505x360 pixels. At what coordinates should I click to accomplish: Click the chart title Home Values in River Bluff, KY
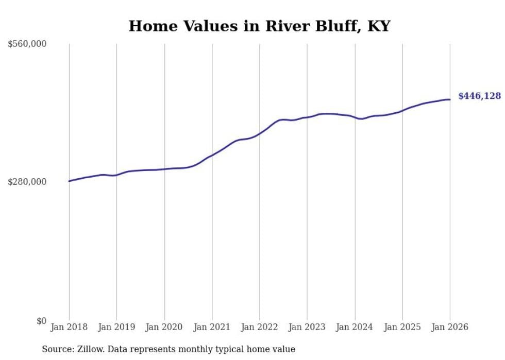(259, 26)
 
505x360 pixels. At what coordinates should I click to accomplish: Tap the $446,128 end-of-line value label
(479, 96)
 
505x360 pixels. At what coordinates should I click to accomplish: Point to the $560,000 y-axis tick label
(27, 44)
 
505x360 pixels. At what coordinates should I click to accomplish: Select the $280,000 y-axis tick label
(27, 182)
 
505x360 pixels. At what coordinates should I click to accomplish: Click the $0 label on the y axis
(41, 321)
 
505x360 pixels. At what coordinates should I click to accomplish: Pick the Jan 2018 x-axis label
(69, 327)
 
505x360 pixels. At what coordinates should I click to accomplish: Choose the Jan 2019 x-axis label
(116, 327)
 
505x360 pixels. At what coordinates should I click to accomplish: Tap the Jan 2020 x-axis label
(164, 327)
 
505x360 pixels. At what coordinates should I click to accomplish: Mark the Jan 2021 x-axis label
(212, 327)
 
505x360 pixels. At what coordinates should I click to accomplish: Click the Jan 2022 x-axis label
(259, 327)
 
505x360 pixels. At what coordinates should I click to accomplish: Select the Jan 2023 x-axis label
(307, 327)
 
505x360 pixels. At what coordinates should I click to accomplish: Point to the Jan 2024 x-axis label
(355, 327)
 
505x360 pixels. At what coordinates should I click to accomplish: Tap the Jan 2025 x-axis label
(402, 327)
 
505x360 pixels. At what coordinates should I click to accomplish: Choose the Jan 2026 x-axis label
(450, 327)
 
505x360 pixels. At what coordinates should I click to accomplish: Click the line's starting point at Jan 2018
(69, 181)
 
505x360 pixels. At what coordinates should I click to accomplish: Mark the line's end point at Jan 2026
(450, 99)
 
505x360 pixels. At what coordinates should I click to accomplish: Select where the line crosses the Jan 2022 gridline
(260, 133)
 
